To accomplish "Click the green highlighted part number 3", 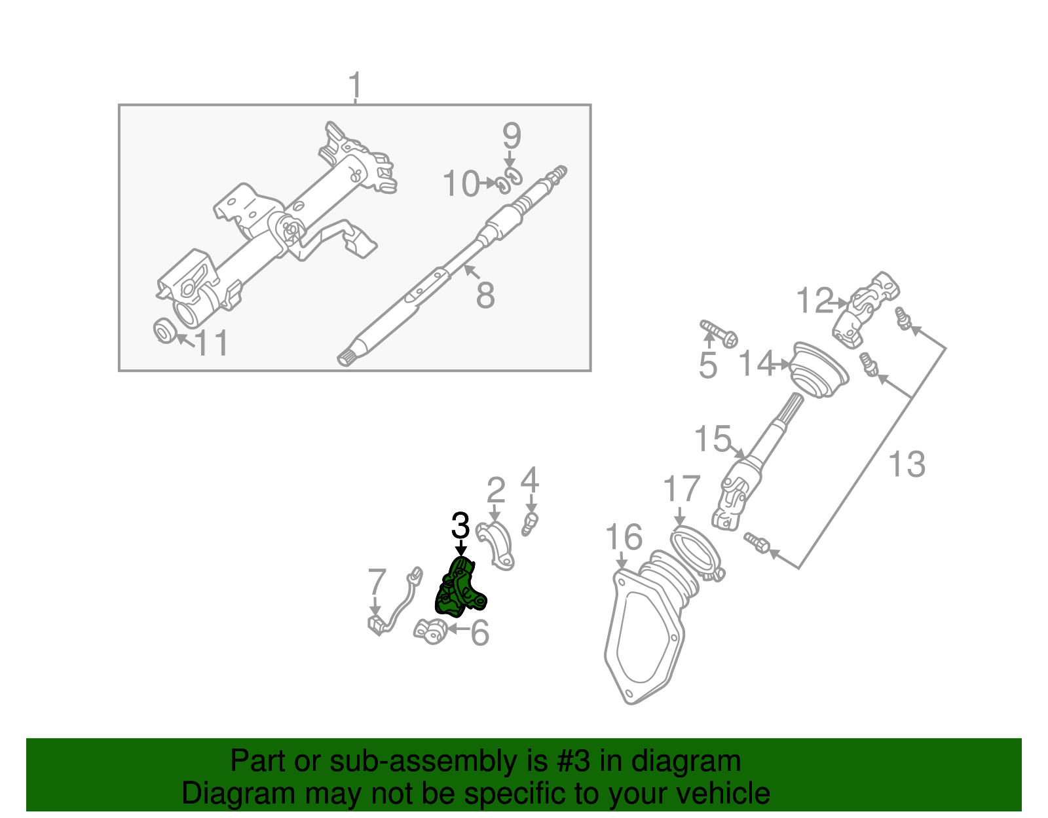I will coord(460,588).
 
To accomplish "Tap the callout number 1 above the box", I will coord(354,86).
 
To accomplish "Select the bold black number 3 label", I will coord(460,526).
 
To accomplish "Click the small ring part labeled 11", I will coord(164,330).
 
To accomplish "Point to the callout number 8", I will coord(485,295).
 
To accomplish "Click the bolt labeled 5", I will coord(719,333).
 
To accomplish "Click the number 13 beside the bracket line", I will coord(907,464).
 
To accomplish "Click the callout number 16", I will coord(623,538).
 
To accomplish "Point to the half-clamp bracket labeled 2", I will coord(496,546).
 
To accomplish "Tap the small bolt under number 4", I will coord(531,523).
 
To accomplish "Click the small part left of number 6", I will coord(430,631).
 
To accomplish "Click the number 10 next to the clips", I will coord(462,184).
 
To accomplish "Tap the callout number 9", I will coord(512,136).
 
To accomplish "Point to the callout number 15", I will coord(712,439).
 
